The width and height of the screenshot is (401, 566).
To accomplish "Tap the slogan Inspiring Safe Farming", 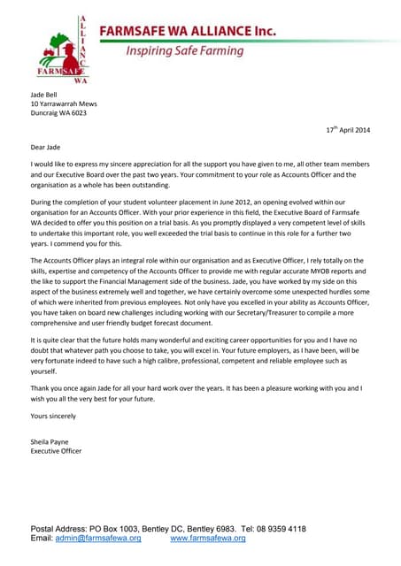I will click(x=184, y=51).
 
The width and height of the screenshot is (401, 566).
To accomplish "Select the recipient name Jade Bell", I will click(x=47, y=93).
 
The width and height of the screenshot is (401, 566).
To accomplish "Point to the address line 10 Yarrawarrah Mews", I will click(x=64, y=103).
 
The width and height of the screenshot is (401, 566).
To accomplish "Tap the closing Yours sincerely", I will click(x=53, y=415).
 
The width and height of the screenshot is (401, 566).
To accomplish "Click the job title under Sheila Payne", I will click(x=56, y=451).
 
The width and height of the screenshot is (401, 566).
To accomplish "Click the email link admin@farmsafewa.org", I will click(x=98, y=538).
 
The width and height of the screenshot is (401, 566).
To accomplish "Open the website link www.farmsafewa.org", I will click(x=208, y=538).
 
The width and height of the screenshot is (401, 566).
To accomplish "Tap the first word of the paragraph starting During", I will click(x=44, y=203).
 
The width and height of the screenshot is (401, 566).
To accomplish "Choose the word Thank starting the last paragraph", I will click(x=42, y=387).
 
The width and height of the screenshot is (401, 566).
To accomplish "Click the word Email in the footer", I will click(x=42, y=538).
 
